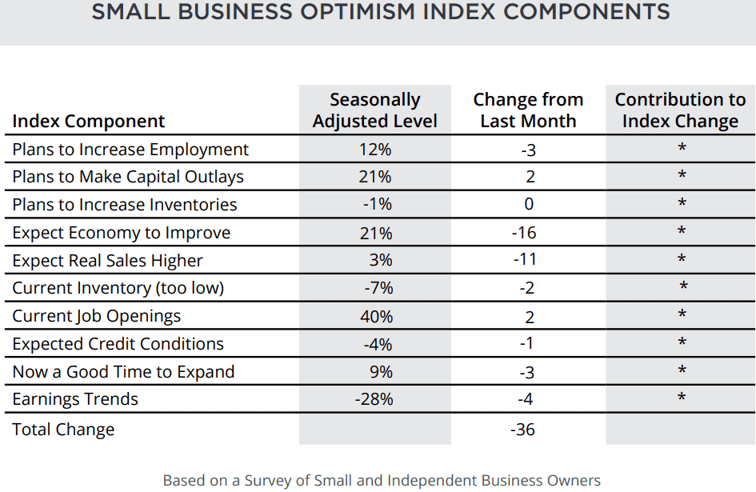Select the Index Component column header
[x=89, y=121]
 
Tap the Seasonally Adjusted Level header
[x=375, y=110]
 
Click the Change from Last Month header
[x=529, y=110]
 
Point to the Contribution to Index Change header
[x=680, y=110]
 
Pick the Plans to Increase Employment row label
[x=130, y=150]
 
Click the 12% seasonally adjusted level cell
[x=375, y=150]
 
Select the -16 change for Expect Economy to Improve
[x=524, y=233]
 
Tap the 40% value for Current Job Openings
[x=377, y=317]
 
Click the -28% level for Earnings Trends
[x=374, y=399]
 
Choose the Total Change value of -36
[x=522, y=430]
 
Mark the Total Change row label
[x=63, y=430]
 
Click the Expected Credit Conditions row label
[x=118, y=344]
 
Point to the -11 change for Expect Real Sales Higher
[x=525, y=259]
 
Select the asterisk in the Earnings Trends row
[x=682, y=398]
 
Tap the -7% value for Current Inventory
[x=379, y=288]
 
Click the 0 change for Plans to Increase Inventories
[x=529, y=204]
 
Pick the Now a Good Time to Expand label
[x=123, y=372]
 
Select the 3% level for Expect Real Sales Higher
[x=381, y=260]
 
